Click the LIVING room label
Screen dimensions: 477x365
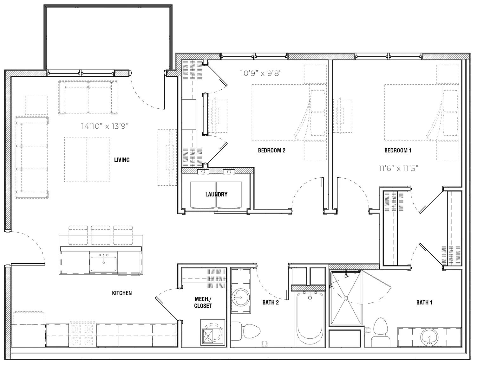(x=122, y=160)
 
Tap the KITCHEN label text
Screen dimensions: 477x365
(x=122, y=293)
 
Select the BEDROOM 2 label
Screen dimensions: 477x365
(x=271, y=150)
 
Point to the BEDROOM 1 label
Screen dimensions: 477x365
(x=398, y=150)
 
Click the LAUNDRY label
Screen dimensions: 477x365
(x=216, y=195)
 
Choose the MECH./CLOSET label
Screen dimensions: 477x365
(x=203, y=303)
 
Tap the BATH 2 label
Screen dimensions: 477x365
(x=271, y=303)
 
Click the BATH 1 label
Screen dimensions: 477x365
(x=424, y=303)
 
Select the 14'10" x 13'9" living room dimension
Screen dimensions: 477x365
(x=105, y=126)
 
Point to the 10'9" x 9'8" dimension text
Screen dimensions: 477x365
(x=261, y=73)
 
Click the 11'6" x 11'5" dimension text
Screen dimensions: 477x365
(x=398, y=168)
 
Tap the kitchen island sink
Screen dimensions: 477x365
(x=103, y=262)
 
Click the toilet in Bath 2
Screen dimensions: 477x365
(x=245, y=331)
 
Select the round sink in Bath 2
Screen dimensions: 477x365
(x=241, y=297)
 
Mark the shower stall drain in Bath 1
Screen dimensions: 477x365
(x=346, y=298)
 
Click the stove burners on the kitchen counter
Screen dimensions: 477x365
(x=82, y=334)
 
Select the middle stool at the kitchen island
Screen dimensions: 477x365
(x=101, y=235)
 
